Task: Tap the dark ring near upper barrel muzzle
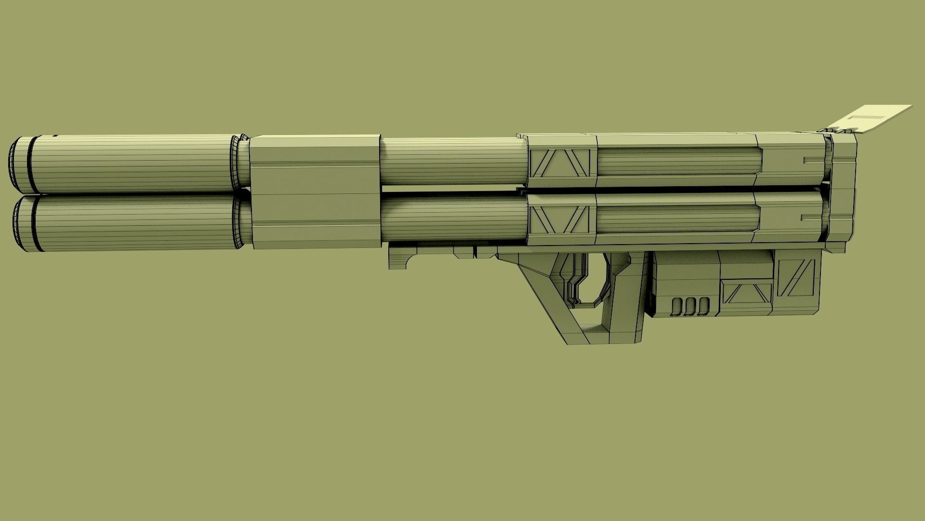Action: pyautogui.click(x=32, y=164)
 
